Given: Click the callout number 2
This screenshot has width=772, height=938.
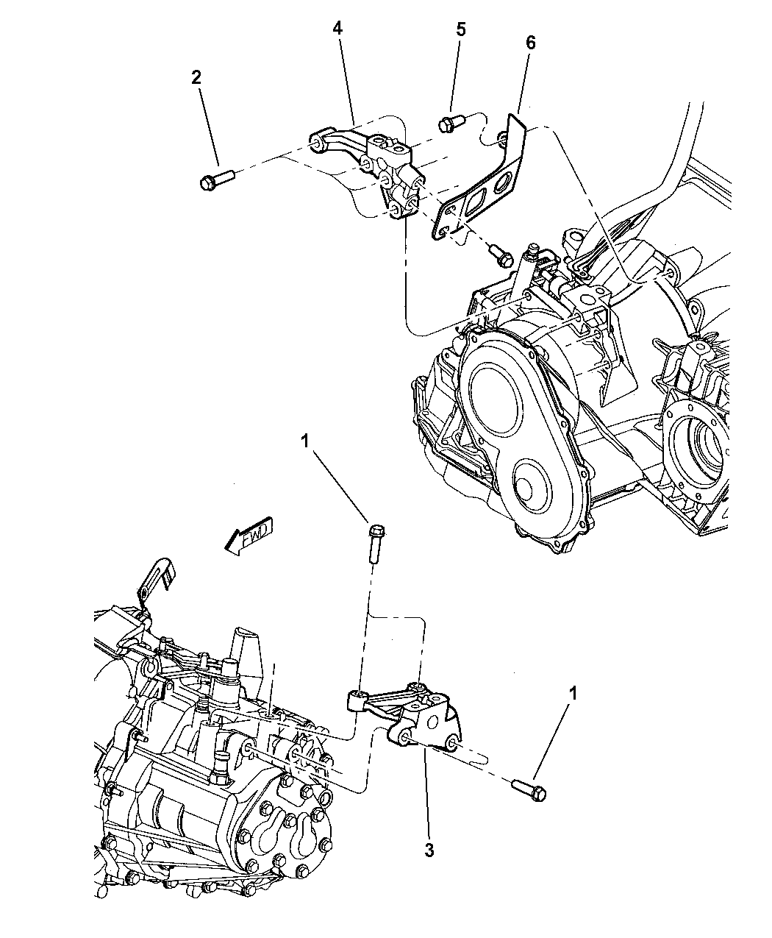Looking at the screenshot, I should (196, 77).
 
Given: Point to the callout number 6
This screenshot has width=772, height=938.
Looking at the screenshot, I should (530, 43).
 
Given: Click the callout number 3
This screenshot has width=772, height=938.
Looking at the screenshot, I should (429, 850).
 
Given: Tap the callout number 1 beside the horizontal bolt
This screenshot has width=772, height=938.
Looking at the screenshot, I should (573, 693).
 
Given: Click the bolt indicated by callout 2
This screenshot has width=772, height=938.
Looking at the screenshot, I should (216, 179).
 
